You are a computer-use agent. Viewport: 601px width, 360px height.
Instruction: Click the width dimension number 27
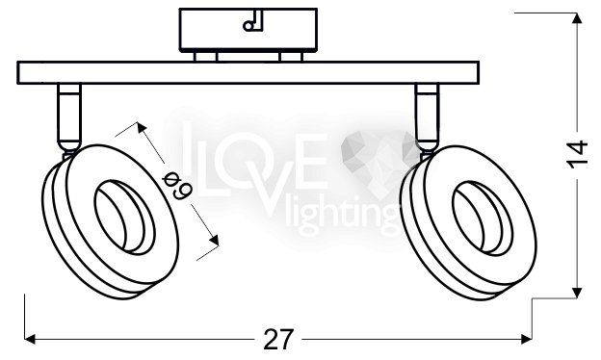click(278, 339)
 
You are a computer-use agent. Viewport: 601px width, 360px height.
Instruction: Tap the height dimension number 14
click(577, 154)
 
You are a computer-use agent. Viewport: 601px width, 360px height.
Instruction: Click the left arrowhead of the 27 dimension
click(30, 339)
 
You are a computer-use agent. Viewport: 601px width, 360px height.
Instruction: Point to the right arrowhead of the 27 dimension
click(526, 339)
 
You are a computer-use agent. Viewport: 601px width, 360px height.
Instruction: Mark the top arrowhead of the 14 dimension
click(577, 18)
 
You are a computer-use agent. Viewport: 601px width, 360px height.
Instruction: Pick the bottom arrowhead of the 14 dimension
click(577, 293)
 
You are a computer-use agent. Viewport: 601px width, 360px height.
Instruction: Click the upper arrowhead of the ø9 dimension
click(142, 127)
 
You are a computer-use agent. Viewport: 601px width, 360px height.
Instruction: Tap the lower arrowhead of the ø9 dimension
click(214, 240)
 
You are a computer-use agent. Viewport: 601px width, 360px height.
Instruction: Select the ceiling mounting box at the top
click(248, 30)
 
